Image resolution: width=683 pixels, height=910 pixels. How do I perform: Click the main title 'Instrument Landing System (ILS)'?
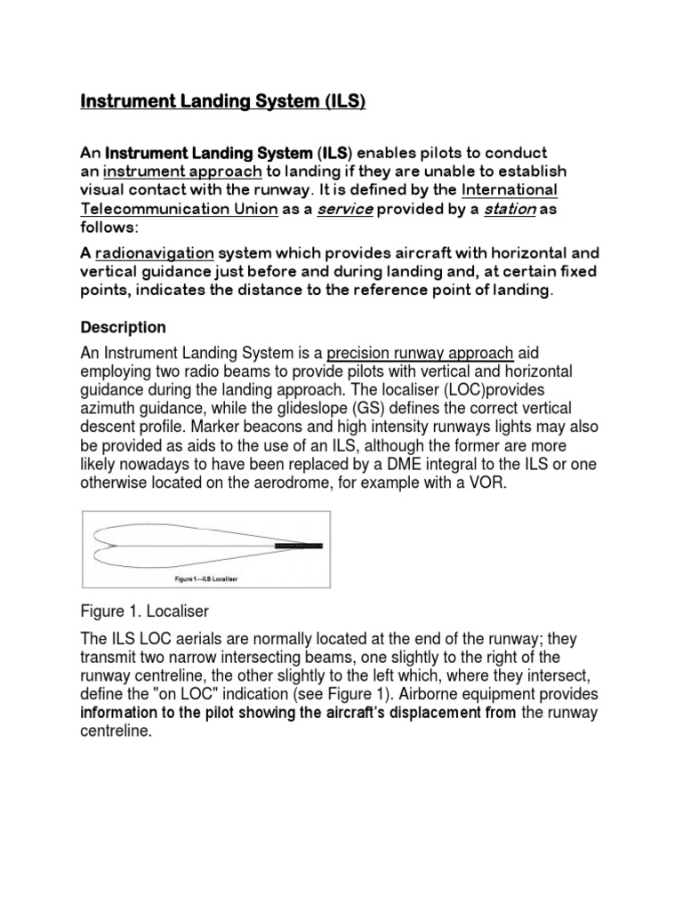click(x=223, y=102)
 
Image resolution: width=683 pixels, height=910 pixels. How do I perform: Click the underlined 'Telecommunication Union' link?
click(x=170, y=210)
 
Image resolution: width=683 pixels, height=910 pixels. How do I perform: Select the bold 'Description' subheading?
click(x=123, y=328)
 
